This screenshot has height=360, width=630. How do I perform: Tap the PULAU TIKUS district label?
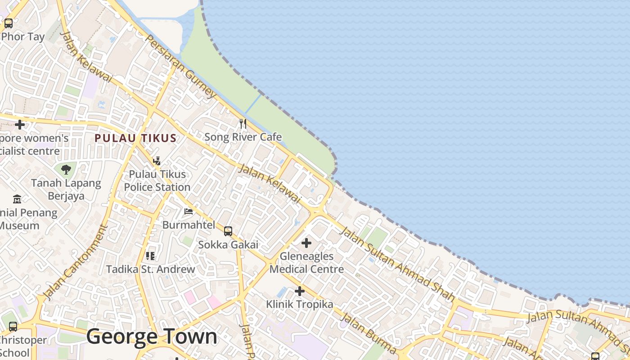(x=135, y=138)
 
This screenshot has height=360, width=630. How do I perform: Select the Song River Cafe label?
(x=243, y=137)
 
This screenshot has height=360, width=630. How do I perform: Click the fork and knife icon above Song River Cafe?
(x=243, y=123)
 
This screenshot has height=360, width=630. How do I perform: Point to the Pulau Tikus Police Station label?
(x=157, y=180)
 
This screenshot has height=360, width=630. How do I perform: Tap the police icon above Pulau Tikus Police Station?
(x=157, y=161)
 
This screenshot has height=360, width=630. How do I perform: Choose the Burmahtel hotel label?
(x=189, y=225)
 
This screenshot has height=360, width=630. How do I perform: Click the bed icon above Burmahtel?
(x=189, y=211)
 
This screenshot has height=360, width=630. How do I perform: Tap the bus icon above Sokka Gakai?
(x=228, y=231)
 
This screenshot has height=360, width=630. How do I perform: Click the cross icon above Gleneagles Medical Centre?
(x=306, y=243)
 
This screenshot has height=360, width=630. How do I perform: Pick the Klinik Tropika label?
(x=299, y=304)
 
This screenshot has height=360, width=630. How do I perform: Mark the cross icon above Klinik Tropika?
(x=299, y=291)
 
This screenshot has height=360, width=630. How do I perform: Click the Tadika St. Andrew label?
(x=150, y=270)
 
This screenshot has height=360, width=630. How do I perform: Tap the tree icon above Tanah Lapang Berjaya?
(x=66, y=170)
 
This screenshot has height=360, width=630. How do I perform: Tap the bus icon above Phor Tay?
(x=9, y=23)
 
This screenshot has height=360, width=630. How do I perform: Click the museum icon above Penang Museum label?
(x=17, y=199)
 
